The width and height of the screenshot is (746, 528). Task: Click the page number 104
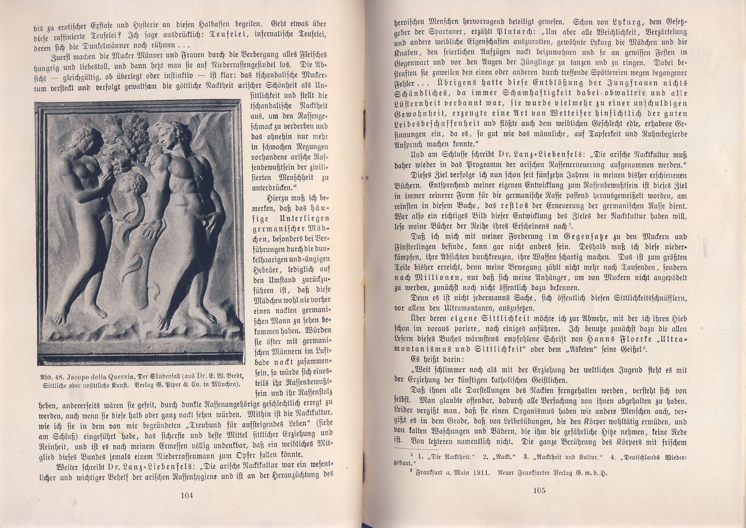pos(186,495)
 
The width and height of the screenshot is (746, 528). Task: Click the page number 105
pos(539,490)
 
